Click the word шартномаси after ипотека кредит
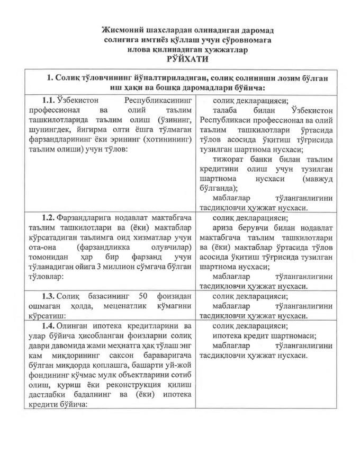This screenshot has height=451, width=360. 290,335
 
